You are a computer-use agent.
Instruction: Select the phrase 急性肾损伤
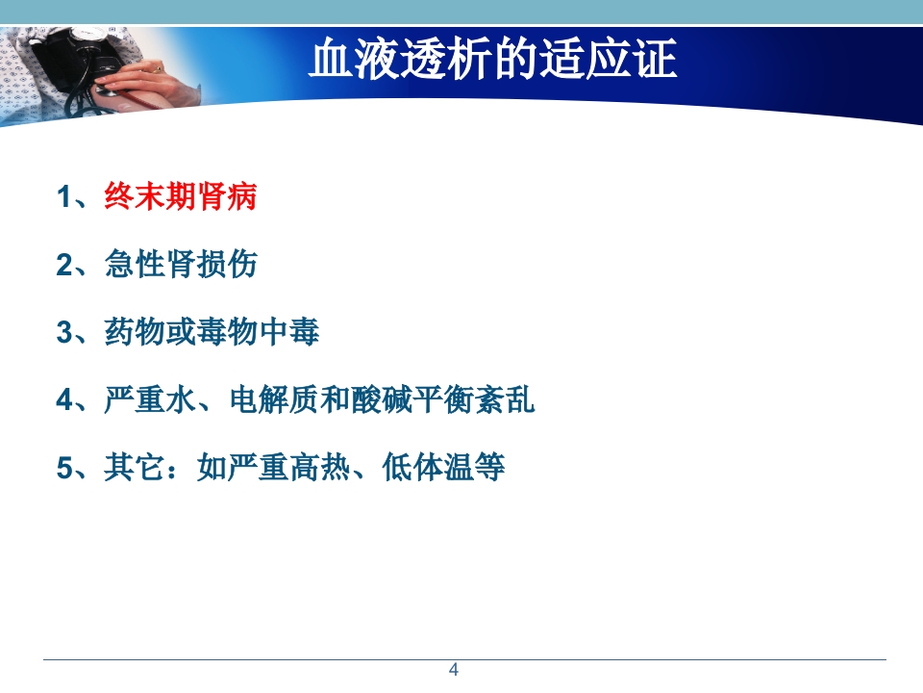181,265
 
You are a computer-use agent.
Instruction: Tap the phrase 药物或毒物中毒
212,333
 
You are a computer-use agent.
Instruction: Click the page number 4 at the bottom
455,670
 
